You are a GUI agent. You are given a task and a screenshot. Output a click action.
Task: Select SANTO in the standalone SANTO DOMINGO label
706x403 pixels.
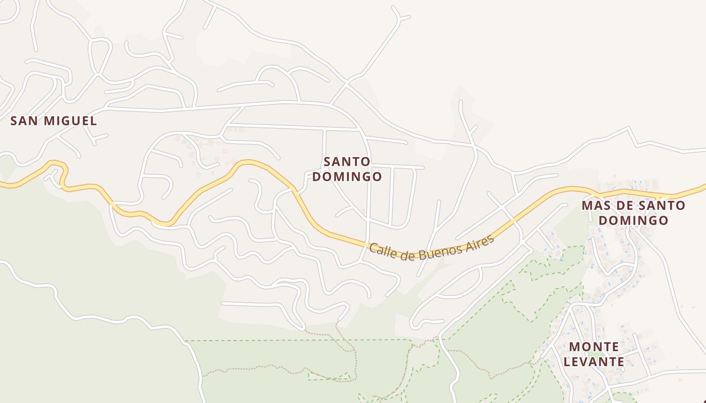[x=347, y=162]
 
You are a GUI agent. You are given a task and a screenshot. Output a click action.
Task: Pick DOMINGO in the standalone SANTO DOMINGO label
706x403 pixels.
[x=347, y=177]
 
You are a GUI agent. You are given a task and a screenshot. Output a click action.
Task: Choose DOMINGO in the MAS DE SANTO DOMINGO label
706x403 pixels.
[x=633, y=221]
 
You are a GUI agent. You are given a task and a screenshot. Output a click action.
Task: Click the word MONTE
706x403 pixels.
[x=594, y=347]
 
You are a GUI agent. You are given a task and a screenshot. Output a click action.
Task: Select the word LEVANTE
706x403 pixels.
[x=594, y=362]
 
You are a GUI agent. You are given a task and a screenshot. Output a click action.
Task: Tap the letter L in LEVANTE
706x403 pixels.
[x=567, y=362]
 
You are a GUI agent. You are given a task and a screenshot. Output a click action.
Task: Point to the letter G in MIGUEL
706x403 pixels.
[x=70, y=121]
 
